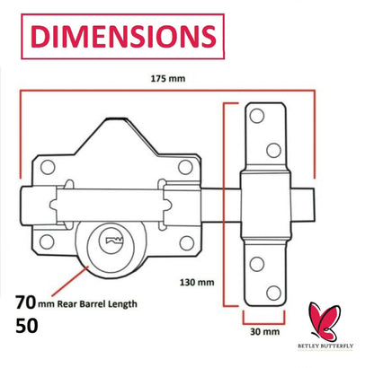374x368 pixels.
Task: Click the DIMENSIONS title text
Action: [x=119, y=35]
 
